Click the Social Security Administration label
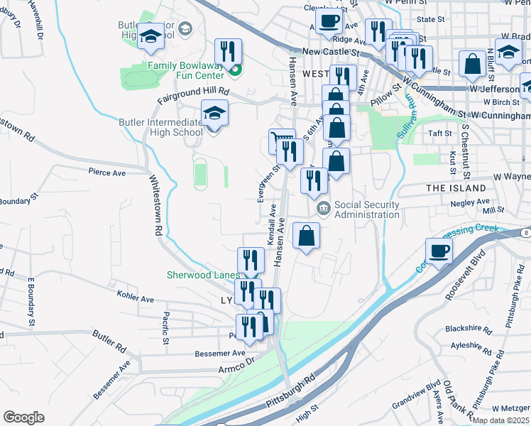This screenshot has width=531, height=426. point(366,210)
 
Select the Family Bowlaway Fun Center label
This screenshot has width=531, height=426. point(185,70)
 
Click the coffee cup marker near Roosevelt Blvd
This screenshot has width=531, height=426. point(439,251)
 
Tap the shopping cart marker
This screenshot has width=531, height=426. point(282,139)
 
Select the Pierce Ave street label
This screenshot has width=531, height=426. point(106,172)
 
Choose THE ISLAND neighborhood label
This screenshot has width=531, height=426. point(456,188)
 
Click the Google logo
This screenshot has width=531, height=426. point(23,417)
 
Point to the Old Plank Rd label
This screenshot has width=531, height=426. point(461,399)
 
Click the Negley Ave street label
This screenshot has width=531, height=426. point(466,202)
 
